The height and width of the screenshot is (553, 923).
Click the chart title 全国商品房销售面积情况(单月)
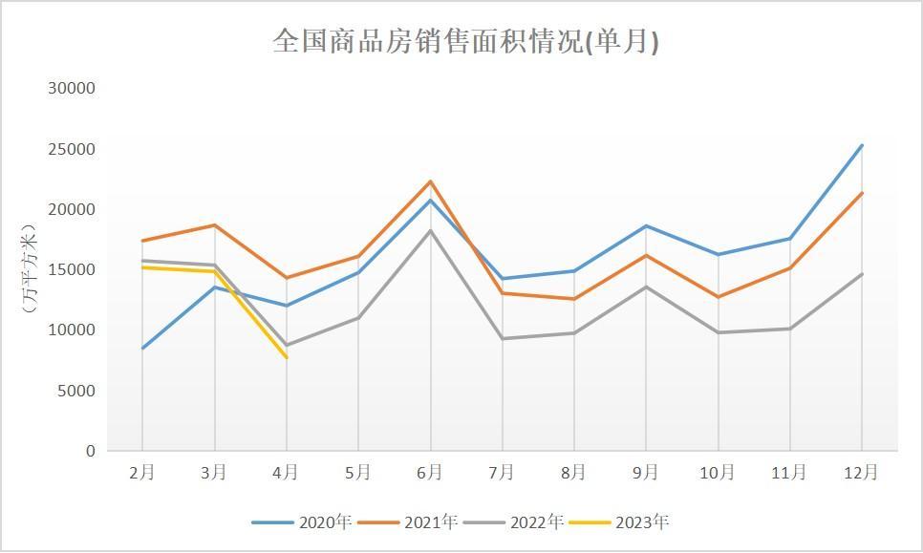tap(465, 42)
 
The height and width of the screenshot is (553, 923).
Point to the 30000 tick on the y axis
tap(72, 88)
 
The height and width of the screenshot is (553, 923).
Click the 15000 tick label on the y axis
tap(72, 269)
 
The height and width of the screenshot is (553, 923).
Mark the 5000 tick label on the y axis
tap(75, 391)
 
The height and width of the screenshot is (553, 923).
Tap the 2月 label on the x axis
tap(142, 472)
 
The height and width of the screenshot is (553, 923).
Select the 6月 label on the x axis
tap(430, 472)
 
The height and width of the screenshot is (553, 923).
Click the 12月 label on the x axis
tap(862, 472)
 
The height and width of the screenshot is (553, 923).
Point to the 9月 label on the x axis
tap(646, 472)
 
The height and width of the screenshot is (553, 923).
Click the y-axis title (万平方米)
tap(29, 269)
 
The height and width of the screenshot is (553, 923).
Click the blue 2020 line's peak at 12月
tap(862, 145)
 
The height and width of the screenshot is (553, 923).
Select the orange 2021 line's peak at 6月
tap(430, 181)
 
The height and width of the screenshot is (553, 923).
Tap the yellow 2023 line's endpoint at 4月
tap(286, 357)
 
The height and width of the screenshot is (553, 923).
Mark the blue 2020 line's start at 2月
tap(142, 348)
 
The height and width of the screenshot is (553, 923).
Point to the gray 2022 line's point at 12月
tap(862, 274)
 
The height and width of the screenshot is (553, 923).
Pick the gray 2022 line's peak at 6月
tap(430, 230)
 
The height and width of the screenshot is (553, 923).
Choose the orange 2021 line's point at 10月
tap(718, 297)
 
